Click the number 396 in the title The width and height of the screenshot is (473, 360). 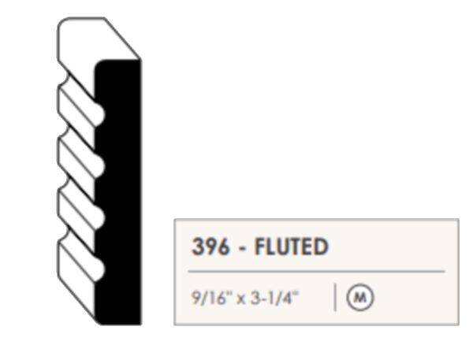pos(210,247)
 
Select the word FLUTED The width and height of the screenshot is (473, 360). pos(292,247)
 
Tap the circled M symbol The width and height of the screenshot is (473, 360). pos(360,297)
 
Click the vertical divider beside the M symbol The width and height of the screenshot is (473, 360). pos(335,297)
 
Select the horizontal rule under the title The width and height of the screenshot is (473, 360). pos(316,271)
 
